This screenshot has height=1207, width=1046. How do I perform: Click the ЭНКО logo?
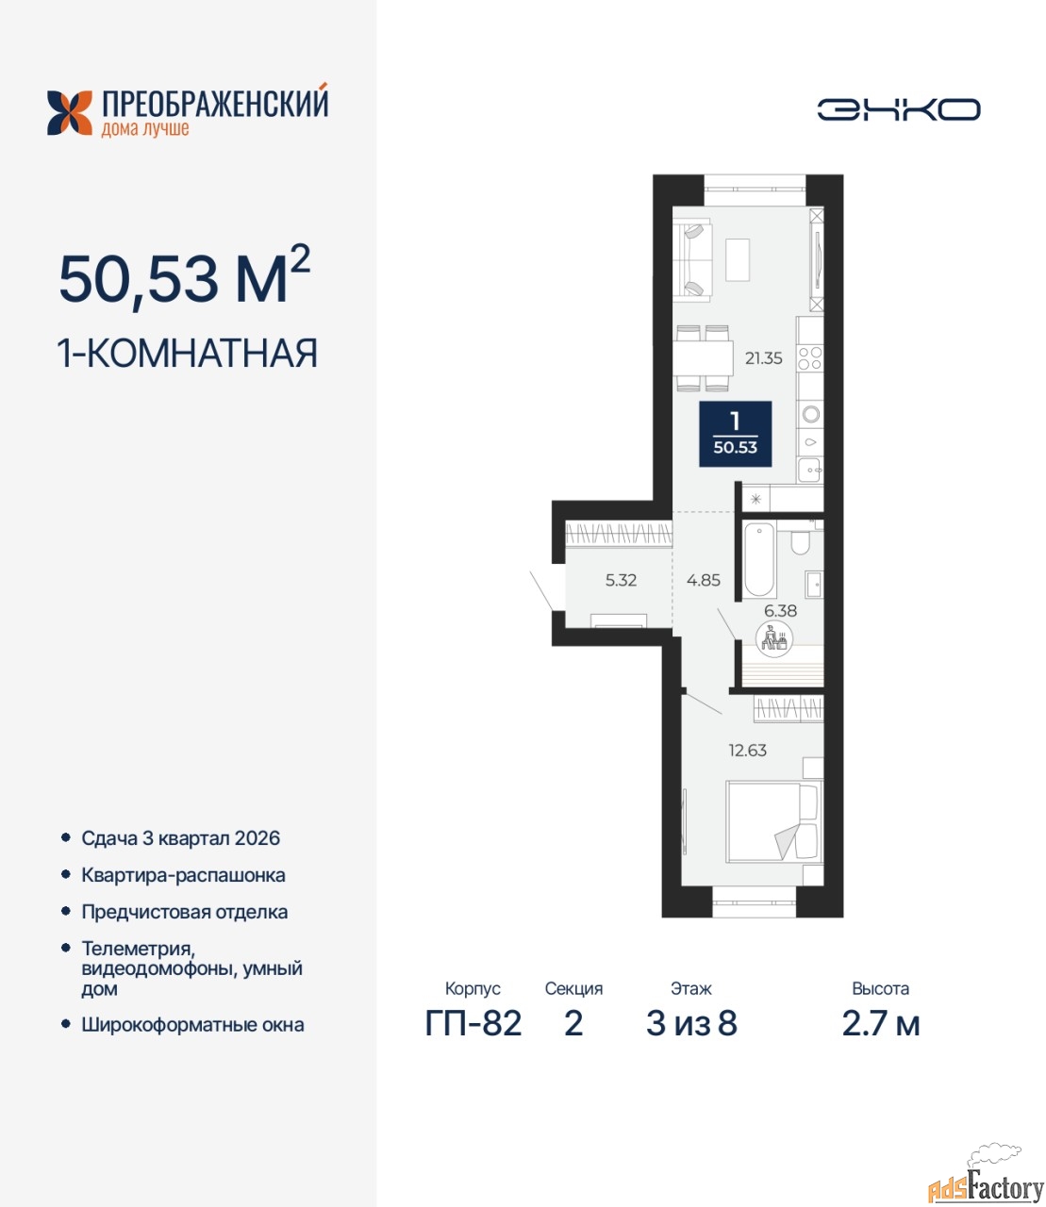[898, 109]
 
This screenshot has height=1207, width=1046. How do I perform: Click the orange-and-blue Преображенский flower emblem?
[70, 113]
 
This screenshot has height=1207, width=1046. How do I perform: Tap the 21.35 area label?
[763, 358]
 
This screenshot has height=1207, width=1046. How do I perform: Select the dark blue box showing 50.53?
[736, 434]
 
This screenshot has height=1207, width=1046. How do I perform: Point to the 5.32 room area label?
[621, 580]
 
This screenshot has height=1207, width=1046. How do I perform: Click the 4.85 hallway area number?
[704, 580]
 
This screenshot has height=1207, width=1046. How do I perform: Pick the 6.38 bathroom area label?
[780, 611]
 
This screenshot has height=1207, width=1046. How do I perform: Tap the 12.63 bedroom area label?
[748, 751]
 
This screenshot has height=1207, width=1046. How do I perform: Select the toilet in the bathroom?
[800, 541]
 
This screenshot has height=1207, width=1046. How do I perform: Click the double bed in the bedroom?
[773, 821]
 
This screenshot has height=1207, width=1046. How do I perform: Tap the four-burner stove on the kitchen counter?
[810, 358]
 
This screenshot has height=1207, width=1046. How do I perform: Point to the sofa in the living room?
[692, 260]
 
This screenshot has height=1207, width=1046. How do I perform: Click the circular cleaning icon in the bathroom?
[773, 637]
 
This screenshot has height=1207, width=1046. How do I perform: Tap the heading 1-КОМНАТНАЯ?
[188, 353]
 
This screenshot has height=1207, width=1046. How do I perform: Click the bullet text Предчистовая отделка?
[185, 912]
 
